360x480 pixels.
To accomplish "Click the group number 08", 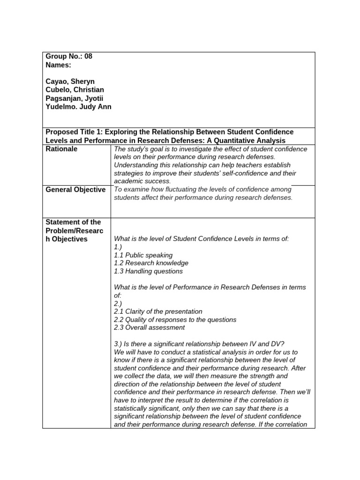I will [x=88, y=57].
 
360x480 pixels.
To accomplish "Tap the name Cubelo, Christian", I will [x=75, y=90].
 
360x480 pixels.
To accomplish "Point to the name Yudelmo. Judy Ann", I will [x=78, y=106].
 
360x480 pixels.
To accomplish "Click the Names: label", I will [x=58, y=65].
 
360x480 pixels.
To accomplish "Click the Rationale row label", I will [x=61, y=149].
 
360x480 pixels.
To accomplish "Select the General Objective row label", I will [x=75, y=189].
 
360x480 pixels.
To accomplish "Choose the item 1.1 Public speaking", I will [x=143, y=255].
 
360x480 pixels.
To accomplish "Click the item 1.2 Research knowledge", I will [x=151, y=263].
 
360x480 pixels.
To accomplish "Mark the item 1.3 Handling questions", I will [x=148, y=271].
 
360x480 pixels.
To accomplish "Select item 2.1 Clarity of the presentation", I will [x=158, y=311].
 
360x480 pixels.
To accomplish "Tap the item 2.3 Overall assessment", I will [x=149, y=328].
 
